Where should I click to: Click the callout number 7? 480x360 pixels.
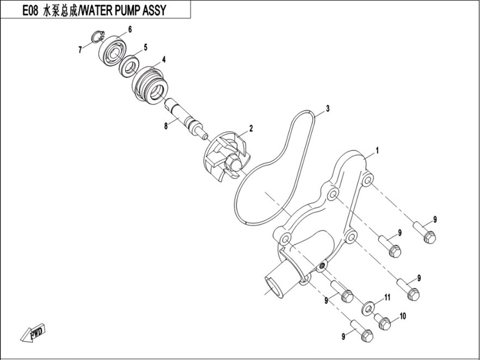80,50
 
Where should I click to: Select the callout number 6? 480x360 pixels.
130,29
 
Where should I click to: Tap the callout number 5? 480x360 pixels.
145,47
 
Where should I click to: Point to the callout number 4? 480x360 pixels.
164,60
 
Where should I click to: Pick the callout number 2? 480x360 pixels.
251,129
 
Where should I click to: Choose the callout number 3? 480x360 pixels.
328,109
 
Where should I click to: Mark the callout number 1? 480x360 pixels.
377,150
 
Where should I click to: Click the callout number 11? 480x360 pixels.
387,297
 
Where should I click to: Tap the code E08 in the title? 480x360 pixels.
30,10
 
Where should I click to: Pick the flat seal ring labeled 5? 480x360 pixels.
129,64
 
